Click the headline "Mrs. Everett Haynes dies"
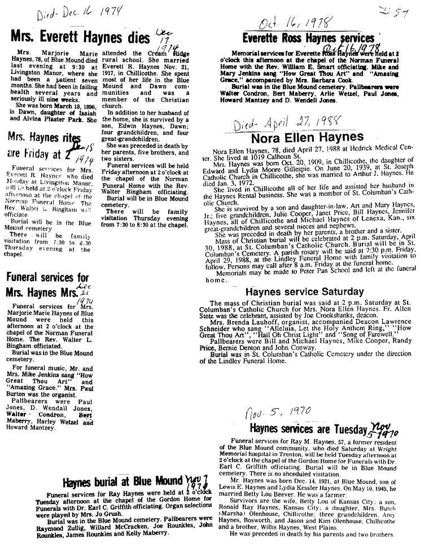[77, 37]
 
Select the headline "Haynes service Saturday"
[305, 292]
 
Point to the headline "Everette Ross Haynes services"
[308, 38]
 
